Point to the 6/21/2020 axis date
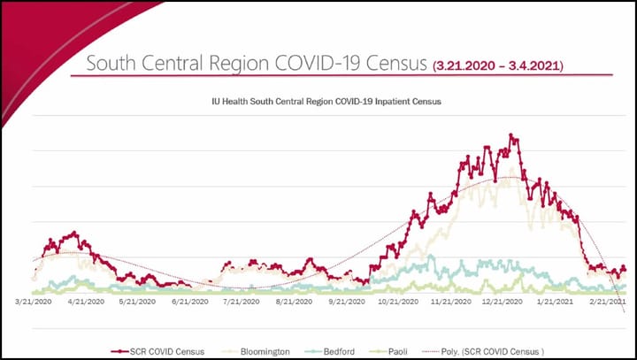pos(190,302)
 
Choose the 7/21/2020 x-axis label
pos(242,302)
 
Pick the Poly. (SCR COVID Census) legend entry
pos(495,350)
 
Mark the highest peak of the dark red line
pos(510,135)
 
